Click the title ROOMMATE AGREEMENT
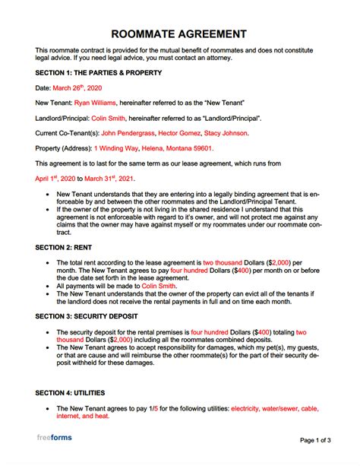point(179,34)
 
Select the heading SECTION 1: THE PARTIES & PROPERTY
point(98,74)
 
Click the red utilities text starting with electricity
point(289,409)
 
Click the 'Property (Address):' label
point(63,148)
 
